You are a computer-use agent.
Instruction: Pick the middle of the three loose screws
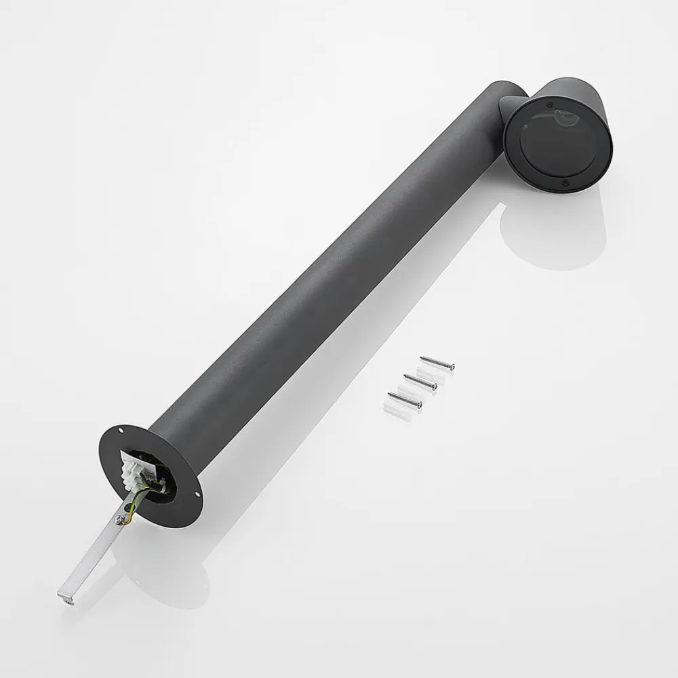point(420,383)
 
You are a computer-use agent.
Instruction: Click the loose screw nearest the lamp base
point(405,401)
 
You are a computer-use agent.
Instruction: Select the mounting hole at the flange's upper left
point(121,430)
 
